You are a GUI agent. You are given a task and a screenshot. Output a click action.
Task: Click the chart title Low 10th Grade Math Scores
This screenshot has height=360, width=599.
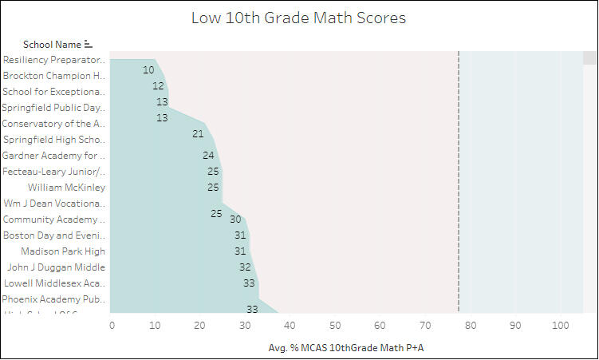point(298,18)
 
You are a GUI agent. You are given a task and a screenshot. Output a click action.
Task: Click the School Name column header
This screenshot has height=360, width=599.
point(52,45)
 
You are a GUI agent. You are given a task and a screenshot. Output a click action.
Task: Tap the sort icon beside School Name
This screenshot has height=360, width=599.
point(89,45)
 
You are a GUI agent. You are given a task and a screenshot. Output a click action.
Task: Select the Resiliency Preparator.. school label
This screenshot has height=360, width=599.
point(53,60)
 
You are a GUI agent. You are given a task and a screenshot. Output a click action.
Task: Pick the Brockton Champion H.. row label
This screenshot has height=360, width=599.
point(53,76)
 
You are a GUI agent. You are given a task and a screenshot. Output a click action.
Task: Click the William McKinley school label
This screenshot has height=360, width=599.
point(66,188)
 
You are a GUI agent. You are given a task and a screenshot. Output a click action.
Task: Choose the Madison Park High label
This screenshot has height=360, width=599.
point(63,251)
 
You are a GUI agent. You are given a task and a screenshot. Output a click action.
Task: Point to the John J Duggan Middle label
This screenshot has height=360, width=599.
point(56,267)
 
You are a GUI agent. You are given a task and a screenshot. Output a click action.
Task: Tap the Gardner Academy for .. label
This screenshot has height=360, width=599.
point(53,156)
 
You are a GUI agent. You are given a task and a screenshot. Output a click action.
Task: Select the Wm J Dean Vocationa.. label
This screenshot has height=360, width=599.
point(54,204)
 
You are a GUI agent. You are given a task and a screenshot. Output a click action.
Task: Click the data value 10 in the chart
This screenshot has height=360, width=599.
point(148,70)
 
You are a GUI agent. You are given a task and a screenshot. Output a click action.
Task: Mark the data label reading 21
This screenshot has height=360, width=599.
point(198,134)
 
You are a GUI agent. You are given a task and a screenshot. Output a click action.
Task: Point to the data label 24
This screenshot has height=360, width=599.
point(208,156)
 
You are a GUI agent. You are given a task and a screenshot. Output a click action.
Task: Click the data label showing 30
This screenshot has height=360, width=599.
point(235,220)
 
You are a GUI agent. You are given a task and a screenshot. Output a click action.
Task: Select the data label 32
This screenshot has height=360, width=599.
point(245,267)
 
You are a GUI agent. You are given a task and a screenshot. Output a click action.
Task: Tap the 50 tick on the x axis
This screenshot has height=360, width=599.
point(336,326)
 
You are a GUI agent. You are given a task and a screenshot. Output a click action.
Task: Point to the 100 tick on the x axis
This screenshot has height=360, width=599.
point(560,326)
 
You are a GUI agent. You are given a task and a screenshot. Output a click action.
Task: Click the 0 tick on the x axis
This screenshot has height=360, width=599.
point(112,326)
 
